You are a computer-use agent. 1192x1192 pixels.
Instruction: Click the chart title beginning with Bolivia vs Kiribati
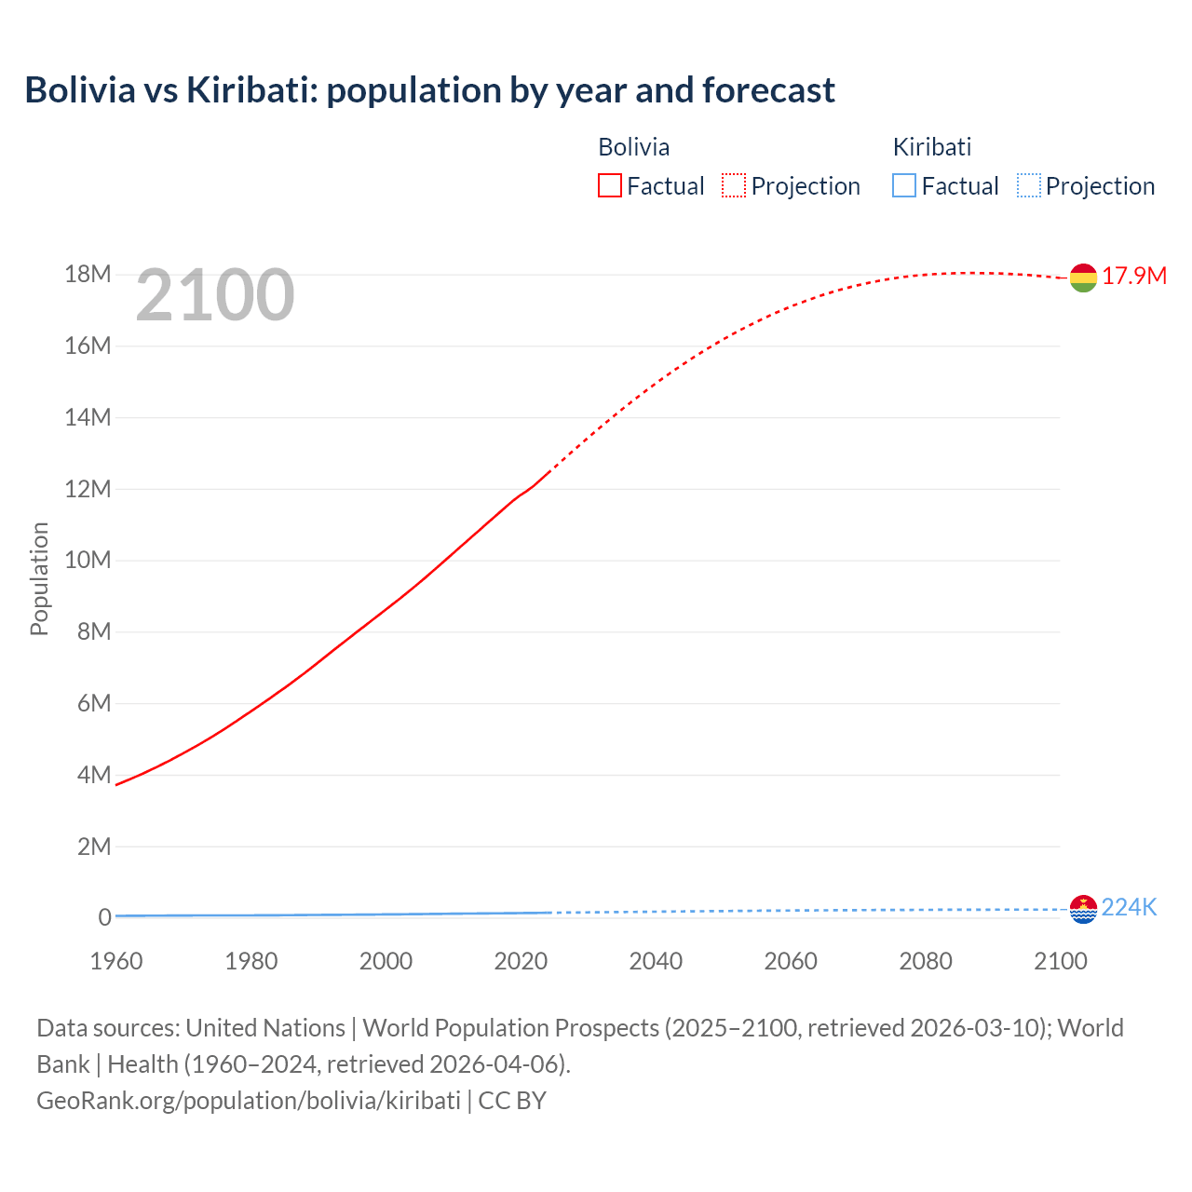tap(429, 90)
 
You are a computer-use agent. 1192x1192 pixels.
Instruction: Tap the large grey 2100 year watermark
tap(215, 295)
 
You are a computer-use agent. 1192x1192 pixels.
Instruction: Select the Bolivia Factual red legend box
tap(610, 186)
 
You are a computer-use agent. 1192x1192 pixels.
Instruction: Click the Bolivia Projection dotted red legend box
tap(734, 186)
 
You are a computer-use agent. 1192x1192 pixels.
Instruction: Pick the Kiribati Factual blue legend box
tap(904, 186)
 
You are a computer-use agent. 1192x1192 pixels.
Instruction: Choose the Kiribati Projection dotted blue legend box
tap(1029, 186)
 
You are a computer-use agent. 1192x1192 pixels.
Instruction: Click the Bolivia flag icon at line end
tap(1083, 278)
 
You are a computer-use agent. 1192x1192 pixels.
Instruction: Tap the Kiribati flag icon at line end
tap(1083, 909)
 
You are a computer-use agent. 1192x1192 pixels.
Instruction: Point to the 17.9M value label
tap(1134, 277)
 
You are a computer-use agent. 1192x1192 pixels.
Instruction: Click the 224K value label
tap(1129, 908)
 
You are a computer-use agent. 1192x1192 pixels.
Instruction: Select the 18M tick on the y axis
tap(88, 275)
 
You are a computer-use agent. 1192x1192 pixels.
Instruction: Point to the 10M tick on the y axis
tap(88, 561)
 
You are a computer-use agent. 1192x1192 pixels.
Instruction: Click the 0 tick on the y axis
tap(104, 918)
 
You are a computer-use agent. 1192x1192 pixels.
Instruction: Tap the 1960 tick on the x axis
tap(116, 961)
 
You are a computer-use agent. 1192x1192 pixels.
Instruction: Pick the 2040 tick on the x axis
tap(656, 961)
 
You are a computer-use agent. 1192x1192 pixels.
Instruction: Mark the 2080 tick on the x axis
tap(926, 961)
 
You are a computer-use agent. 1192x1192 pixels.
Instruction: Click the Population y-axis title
tap(39, 578)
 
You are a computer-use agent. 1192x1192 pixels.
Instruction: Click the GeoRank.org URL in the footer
tap(249, 1101)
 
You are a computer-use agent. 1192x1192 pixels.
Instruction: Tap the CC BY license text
tap(512, 1101)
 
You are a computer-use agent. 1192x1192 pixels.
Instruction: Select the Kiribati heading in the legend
tap(932, 147)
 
